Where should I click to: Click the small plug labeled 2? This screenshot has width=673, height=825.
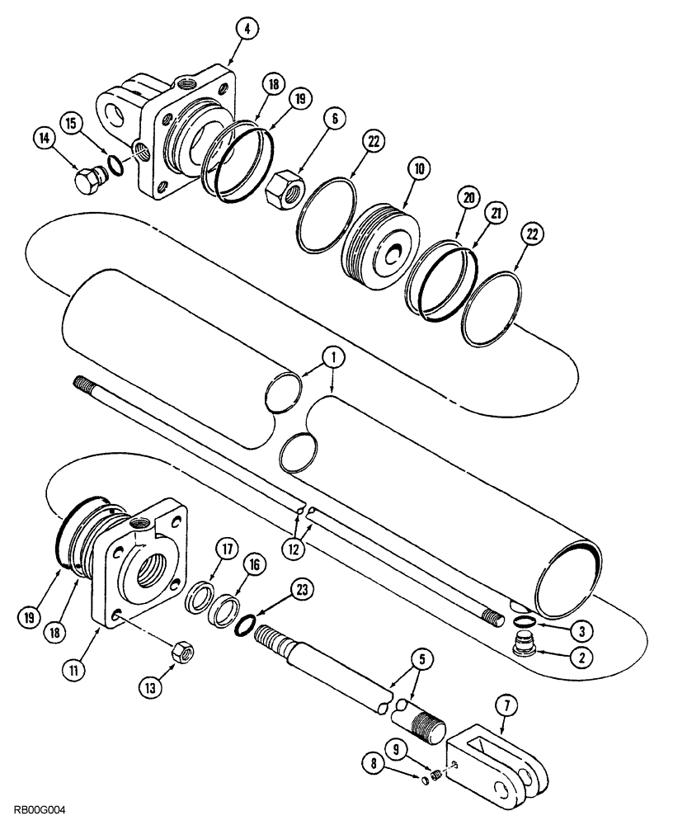tap(522, 646)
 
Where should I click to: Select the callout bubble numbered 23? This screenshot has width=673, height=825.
tap(303, 591)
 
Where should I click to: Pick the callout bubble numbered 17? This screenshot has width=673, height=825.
tap(228, 546)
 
